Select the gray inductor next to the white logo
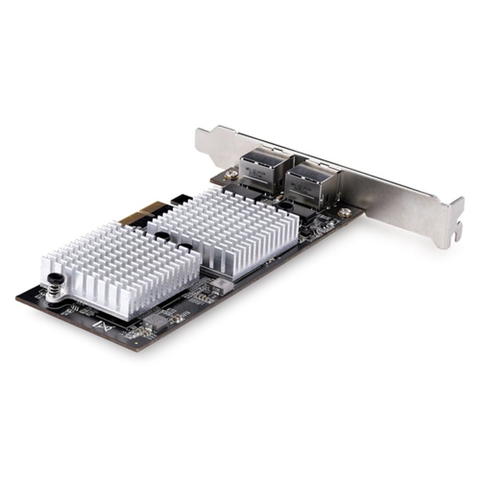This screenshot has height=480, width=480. pos(155,322)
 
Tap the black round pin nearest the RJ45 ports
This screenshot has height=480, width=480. pos(287,206)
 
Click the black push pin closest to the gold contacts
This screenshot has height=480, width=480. pos(162,236)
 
